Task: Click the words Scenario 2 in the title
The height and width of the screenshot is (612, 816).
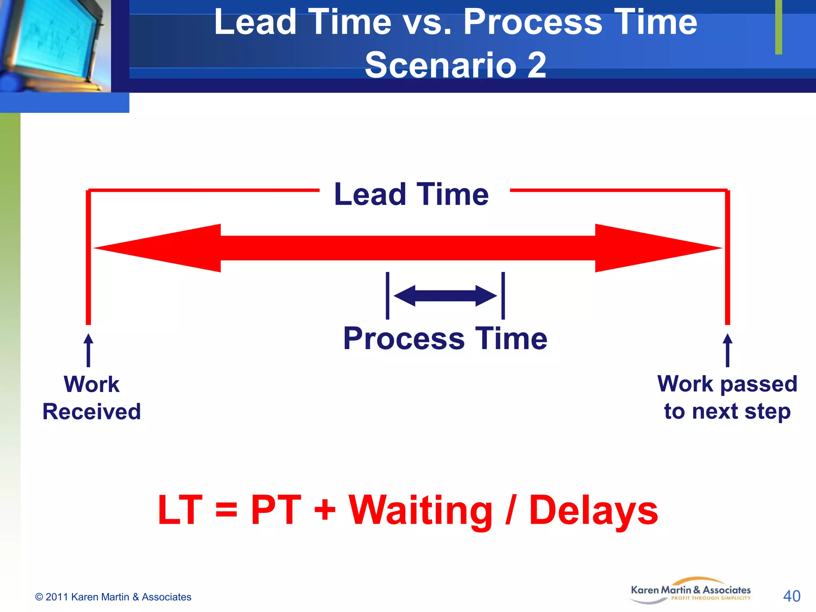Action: (x=455, y=65)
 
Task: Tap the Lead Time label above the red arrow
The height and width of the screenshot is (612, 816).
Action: (x=412, y=194)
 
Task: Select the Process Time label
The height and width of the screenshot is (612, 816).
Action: (x=445, y=339)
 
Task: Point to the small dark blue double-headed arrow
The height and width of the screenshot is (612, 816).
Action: (x=445, y=296)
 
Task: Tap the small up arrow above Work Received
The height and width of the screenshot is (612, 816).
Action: (x=88, y=350)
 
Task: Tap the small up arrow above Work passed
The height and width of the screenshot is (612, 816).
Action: (x=728, y=350)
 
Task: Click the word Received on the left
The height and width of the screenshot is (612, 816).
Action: (x=92, y=412)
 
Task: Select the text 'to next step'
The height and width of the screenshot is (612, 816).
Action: (x=727, y=411)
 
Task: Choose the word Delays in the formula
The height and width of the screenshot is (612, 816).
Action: (x=593, y=511)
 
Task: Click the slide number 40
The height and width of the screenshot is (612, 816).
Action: (x=791, y=596)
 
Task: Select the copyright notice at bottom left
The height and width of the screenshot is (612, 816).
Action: (x=113, y=597)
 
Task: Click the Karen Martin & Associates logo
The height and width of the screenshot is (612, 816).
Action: (x=690, y=591)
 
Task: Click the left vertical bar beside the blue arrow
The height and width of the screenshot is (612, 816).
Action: (x=387, y=296)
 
